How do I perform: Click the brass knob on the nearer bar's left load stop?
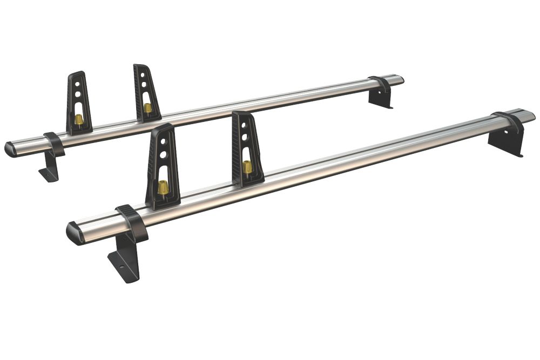[163, 187]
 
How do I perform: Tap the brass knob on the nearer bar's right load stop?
[247, 167]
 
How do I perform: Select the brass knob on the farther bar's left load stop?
[79, 118]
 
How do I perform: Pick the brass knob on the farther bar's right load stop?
[147, 107]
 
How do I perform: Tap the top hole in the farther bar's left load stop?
[78, 83]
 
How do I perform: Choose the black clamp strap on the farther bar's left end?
[53, 142]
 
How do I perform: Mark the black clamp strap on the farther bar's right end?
[381, 84]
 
